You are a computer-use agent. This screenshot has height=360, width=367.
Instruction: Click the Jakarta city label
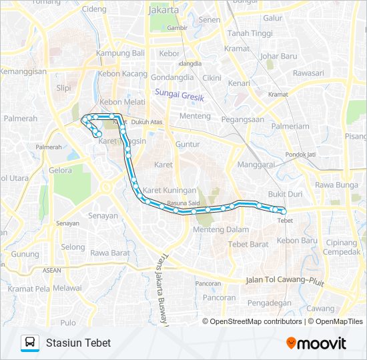click(x=163, y=11)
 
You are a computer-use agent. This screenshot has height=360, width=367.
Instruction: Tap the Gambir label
click(x=177, y=28)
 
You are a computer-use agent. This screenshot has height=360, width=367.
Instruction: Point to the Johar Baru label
click(x=278, y=56)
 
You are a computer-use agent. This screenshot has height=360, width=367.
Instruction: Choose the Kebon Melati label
click(x=117, y=102)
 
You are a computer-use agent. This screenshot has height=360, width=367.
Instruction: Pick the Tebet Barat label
click(x=248, y=244)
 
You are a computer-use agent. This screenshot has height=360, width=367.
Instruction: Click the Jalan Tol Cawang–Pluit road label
click(x=285, y=281)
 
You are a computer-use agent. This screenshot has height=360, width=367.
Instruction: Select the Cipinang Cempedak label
click(x=340, y=247)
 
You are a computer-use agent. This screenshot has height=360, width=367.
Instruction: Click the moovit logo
click(x=316, y=343)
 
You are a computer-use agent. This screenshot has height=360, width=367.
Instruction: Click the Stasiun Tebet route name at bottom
click(x=78, y=343)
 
